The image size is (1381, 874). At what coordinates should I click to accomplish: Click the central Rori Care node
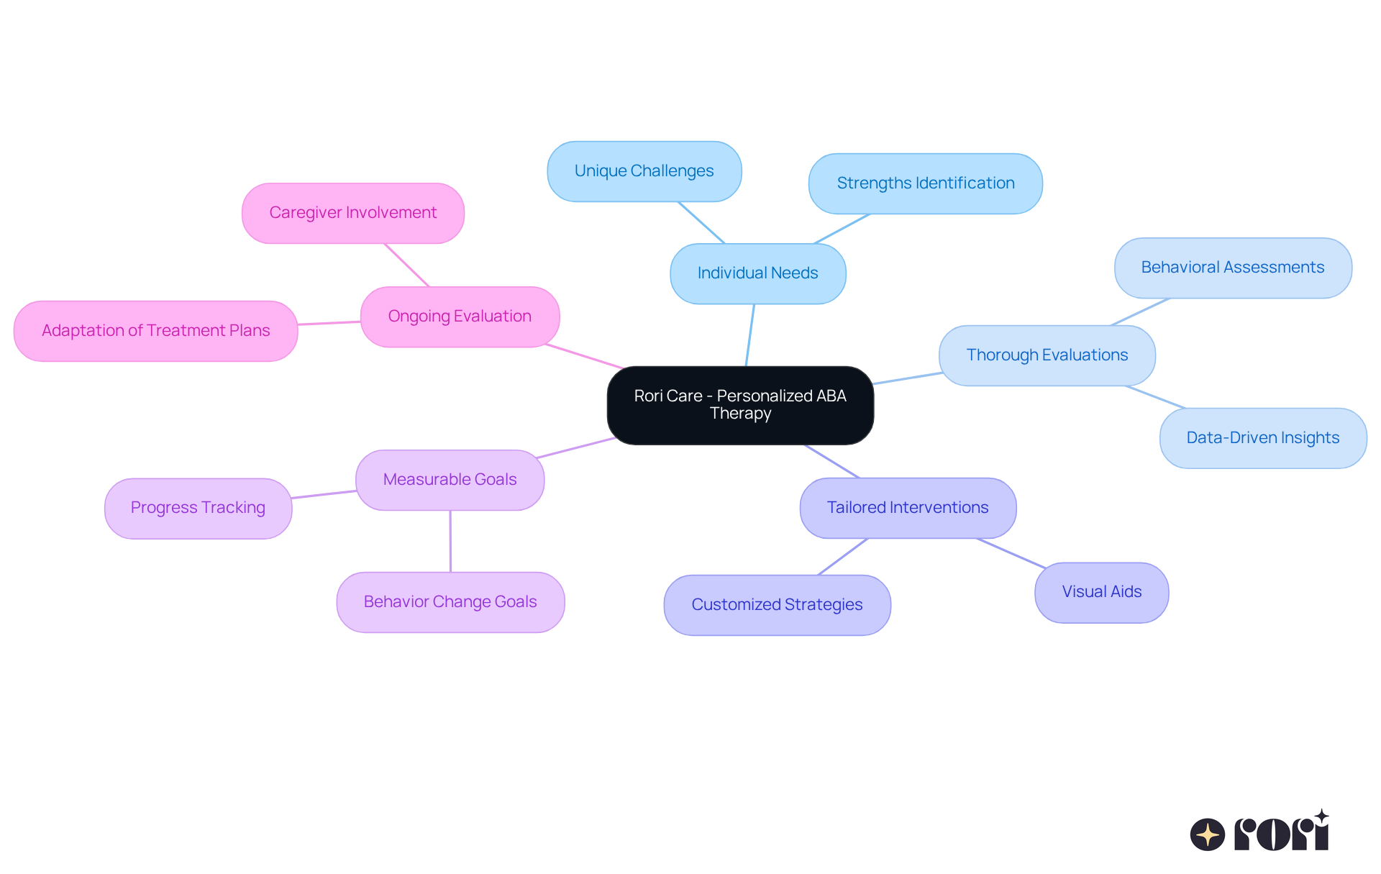(740, 405)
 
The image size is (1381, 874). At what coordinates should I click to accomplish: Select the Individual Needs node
(757, 273)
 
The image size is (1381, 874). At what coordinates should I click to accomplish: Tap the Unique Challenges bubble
(644, 171)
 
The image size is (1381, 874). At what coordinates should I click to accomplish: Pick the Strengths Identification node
(925, 183)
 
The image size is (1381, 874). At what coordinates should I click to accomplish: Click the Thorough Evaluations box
(1047, 355)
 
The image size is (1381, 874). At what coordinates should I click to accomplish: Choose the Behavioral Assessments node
(1232, 268)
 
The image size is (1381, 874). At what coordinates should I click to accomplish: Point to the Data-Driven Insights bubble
(1262, 438)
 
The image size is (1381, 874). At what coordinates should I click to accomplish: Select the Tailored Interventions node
(908, 508)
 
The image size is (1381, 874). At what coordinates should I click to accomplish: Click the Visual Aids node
(1101, 592)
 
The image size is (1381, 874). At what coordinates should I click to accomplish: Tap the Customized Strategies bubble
(777, 605)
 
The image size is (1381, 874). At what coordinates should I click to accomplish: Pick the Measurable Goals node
(450, 480)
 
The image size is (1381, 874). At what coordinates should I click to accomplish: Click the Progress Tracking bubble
(198, 508)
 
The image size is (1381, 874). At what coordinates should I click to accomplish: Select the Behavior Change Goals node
(450, 602)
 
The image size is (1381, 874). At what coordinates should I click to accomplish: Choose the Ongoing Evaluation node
(460, 317)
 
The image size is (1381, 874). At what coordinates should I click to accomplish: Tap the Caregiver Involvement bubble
(352, 213)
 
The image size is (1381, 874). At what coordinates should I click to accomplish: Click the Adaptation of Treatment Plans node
(155, 331)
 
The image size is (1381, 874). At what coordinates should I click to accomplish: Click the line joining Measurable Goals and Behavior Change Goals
(450, 541)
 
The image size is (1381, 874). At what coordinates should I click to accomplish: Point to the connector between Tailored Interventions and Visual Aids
(1011, 553)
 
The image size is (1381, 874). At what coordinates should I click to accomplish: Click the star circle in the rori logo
(1207, 834)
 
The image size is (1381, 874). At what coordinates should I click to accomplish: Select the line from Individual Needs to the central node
(750, 335)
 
